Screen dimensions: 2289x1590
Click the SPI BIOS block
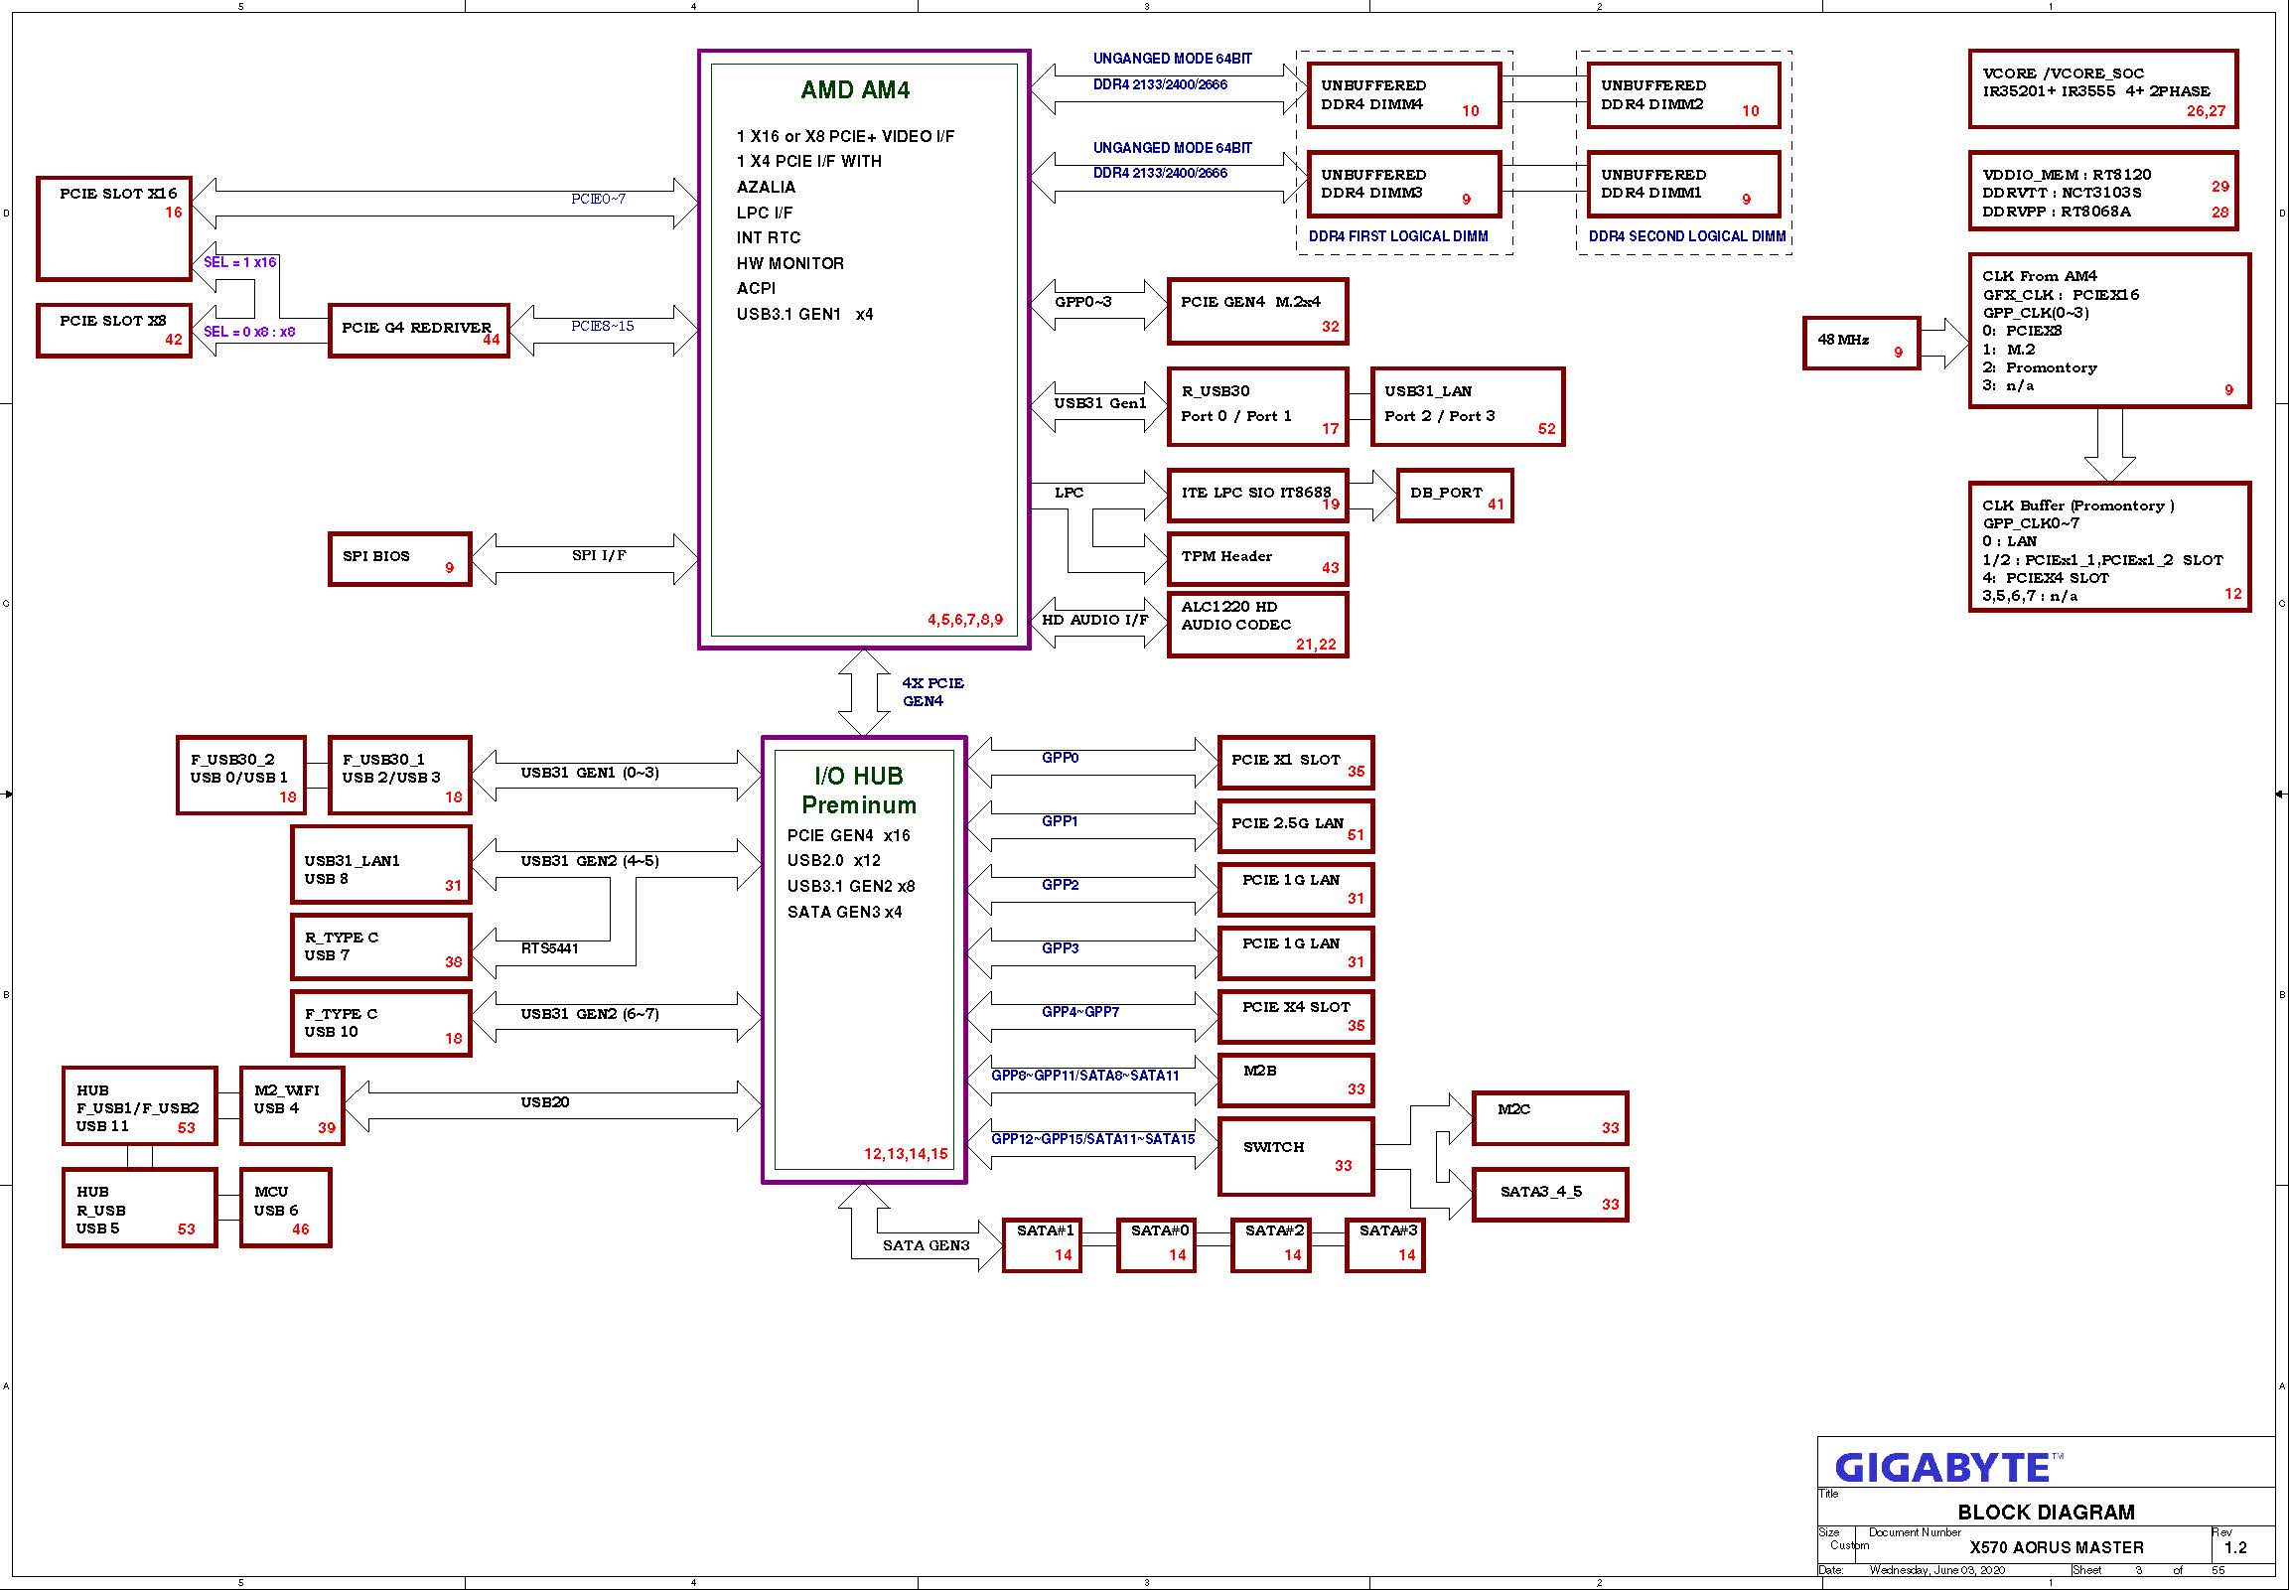399,559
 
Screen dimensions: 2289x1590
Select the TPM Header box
1257,558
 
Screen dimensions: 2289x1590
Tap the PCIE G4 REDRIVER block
419,331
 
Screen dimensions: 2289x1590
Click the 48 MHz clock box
1861,344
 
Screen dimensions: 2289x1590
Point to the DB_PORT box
1454,496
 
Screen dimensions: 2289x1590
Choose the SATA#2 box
1270,1244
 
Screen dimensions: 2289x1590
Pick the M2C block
1550,1119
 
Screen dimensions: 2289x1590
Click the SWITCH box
1295,1157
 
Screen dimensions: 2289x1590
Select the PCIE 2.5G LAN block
1296,826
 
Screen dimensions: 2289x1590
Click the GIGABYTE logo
1942,1468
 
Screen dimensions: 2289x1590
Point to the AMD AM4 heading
856,90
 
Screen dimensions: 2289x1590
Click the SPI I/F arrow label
599,556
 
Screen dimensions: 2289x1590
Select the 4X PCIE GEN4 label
932,692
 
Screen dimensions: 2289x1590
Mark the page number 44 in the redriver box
492,340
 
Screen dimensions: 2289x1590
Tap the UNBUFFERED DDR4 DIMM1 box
1682,185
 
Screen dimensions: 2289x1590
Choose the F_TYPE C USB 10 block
380,1023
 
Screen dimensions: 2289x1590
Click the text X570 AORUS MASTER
2056,1548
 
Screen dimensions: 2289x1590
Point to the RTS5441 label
550,948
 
